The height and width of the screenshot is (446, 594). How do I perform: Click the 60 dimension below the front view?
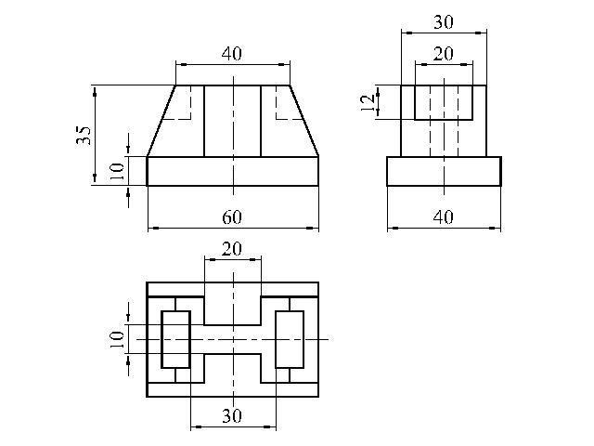232,217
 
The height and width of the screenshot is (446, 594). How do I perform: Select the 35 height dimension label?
84,136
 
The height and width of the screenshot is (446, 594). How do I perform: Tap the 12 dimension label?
368,102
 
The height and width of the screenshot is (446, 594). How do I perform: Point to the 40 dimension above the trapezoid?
231,54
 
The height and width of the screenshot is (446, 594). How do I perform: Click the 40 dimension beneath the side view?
444,217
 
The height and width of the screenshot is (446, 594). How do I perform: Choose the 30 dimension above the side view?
444,22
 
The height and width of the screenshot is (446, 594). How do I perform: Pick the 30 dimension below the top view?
232,416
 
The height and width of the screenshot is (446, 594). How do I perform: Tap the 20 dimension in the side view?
444,54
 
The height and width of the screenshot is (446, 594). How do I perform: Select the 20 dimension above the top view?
232,249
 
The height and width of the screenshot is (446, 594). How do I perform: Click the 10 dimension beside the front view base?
117,171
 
